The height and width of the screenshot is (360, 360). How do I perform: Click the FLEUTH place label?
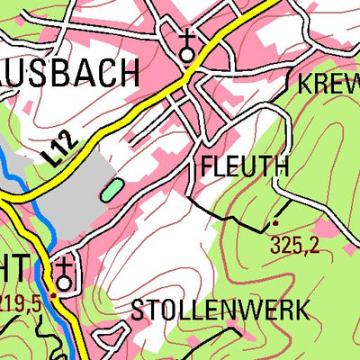[245, 167]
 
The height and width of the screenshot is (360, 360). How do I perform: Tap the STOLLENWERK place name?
[220, 310]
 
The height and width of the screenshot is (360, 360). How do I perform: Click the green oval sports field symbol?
[112, 188]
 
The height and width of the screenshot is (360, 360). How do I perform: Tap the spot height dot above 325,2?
[274, 222]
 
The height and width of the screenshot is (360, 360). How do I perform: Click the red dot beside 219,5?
[53, 293]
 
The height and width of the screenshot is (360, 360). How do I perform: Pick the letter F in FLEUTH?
[208, 167]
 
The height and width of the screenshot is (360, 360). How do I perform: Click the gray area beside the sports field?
[72, 202]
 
